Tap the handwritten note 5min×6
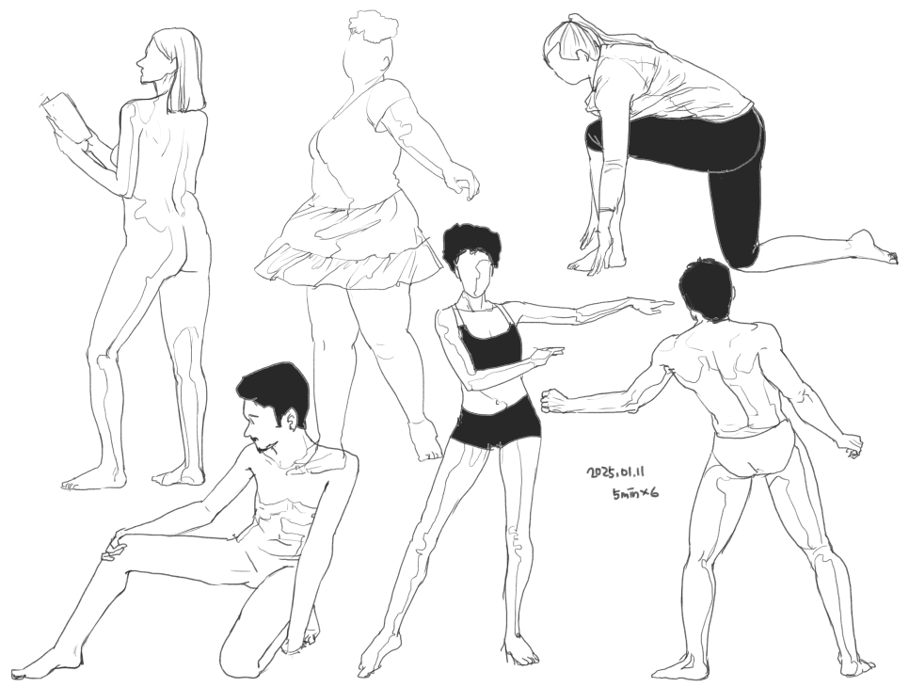634,493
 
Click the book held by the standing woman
66,118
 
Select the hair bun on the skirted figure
374,27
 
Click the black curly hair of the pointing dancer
470,246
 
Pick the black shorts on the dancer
497,425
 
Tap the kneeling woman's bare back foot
872,247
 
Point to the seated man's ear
292,421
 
